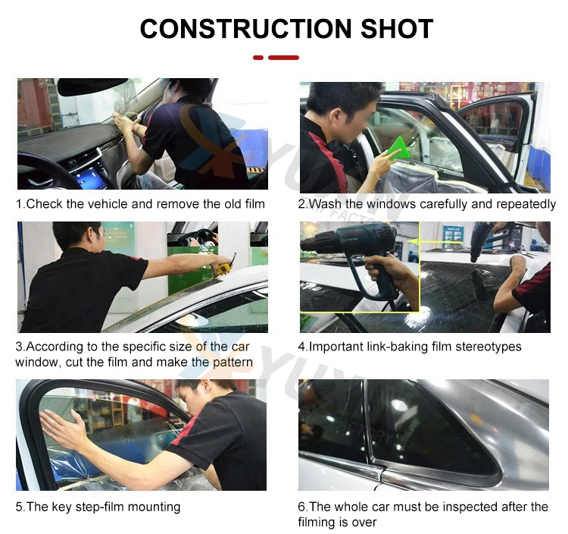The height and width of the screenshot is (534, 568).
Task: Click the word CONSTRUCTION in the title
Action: tap(245, 29)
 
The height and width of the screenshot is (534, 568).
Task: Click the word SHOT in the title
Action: tap(397, 29)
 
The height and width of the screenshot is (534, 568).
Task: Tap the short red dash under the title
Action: tap(258, 58)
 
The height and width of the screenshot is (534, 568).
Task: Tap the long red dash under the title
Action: tap(284, 58)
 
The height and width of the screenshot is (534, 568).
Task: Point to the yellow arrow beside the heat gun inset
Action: tap(414, 241)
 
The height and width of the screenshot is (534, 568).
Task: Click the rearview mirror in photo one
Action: tap(92, 86)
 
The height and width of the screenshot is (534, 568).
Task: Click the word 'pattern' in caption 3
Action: tap(233, 363)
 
